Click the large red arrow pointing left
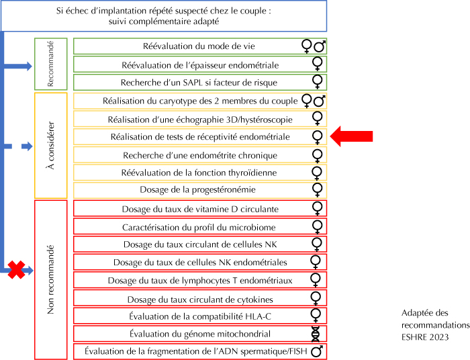click(x=351, y=136)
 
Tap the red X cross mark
click(x=16, y=270)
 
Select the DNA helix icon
click(x=316, y=334)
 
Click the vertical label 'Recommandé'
click(x=50, y=64)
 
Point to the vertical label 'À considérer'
click(x=51, y=145)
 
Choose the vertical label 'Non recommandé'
click(x=50, y=279)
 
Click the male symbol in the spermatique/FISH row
click(x=317, y=351)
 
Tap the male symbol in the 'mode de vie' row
click(x=320, y=46)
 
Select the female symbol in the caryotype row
click(x=307, y=101)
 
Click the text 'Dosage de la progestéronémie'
click(x=197, y=190)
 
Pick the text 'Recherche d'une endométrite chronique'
click(x=200, y=155)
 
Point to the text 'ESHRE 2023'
click(x=425, y=337)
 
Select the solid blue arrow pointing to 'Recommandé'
click(x=17, y=66)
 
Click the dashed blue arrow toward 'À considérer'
click(x=17, y=146)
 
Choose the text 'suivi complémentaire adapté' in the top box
click(x=164, y=21)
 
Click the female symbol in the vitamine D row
click(x=317, y=208)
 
